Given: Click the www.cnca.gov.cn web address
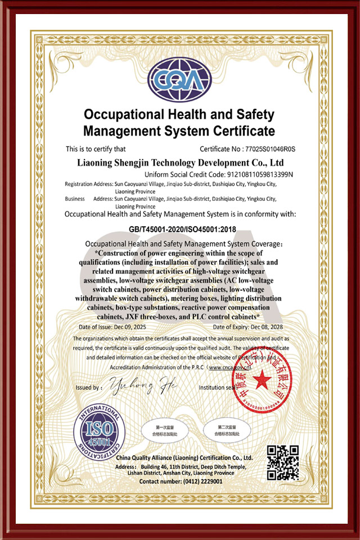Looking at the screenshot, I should click(232, 367).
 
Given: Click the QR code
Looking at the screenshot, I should click(282, 462).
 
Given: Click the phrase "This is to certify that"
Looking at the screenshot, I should click(96, 149).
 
